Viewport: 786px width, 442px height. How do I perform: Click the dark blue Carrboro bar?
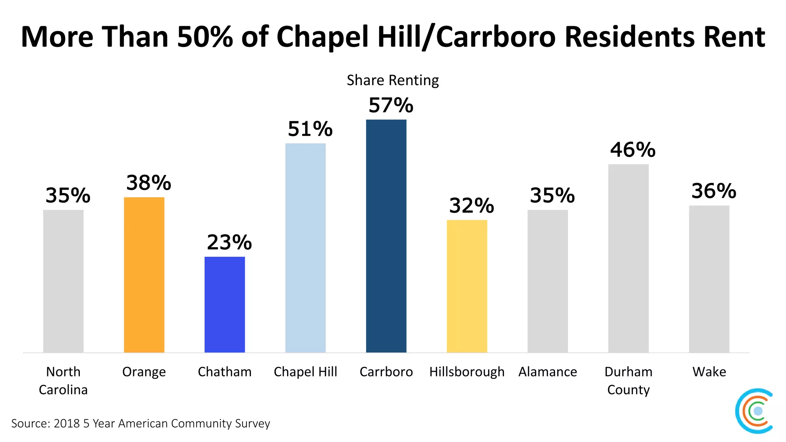(x=386, y=236)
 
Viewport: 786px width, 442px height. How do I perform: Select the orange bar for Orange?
(x=144, y=275)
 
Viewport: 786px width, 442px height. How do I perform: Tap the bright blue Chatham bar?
(x=225, y=304)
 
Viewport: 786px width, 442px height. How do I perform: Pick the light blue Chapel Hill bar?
(x=305, y=248)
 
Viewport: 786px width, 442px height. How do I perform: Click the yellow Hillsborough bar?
(x=467, y=286)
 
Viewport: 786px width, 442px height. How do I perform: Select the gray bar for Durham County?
(x=628, y=258)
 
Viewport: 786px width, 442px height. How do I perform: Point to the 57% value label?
(x=391, y=106)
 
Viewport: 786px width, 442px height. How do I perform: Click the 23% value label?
(x=229, y=242)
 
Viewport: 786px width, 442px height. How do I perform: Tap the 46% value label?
(x=633, y=150)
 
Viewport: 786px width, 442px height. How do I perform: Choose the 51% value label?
(x=310, y=129)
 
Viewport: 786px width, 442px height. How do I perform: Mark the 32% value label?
(x=471, y=206)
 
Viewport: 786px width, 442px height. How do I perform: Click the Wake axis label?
(x=709, y=372)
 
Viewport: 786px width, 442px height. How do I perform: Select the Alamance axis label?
(x=548, y=372)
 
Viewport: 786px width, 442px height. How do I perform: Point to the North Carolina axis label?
(x=63, y=381)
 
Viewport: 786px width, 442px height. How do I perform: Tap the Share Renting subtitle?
(x=393, y=80)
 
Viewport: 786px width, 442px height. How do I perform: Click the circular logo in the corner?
(x=754, y=411)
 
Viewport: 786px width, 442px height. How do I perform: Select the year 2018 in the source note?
(x=66, y=424)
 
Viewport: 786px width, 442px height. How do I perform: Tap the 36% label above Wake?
(x=713, y=191)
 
